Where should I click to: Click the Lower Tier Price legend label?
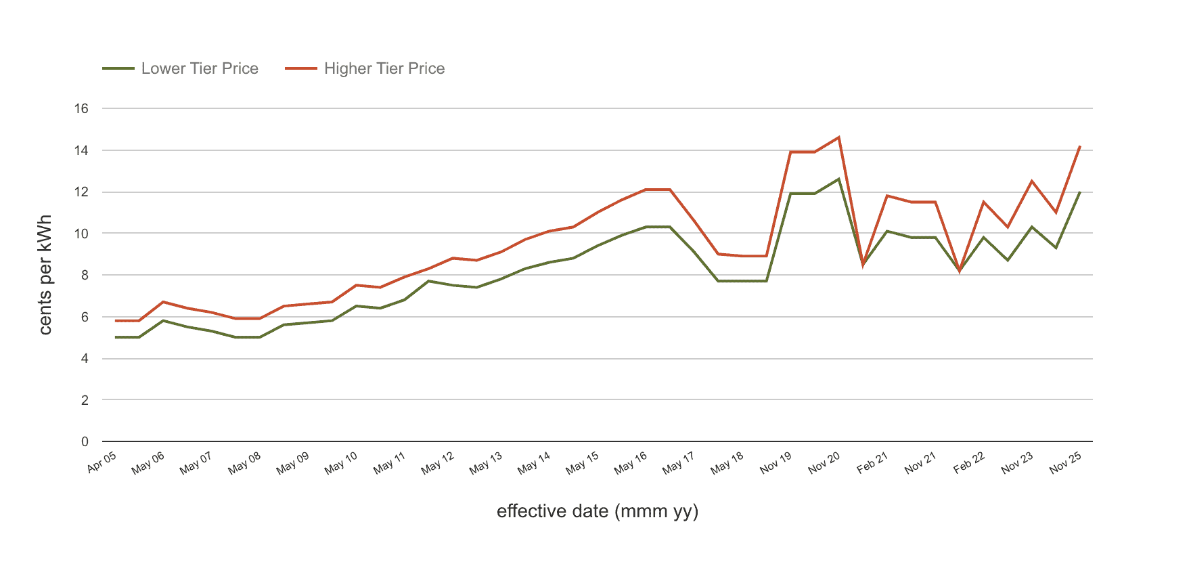click(200, 68)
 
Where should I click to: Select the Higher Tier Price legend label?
click(384, 68)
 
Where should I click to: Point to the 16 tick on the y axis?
click(81, 108)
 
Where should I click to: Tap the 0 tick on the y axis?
click(85, 441)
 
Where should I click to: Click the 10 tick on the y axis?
click(81, 234)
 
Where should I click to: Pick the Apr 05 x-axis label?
click(102, 462)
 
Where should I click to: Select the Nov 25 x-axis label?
click(1066, 463)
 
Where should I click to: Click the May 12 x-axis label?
click(437, 463)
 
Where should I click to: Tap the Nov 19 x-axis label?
click(776, 463)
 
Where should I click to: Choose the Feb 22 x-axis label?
click(969, 463)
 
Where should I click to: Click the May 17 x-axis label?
click(678, 463)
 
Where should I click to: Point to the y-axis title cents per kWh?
click(45, 275)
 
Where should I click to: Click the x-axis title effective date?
click(598, 511)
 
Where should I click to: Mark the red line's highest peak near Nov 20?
click(839, 137)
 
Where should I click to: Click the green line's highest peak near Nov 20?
click(839, 179)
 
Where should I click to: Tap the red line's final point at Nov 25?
click(1080, 146)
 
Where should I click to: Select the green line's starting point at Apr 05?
click(116, 337)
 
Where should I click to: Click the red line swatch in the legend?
click(301, 68)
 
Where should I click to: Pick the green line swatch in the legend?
click(118, 68)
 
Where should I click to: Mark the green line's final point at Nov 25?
click(1080, 192)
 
